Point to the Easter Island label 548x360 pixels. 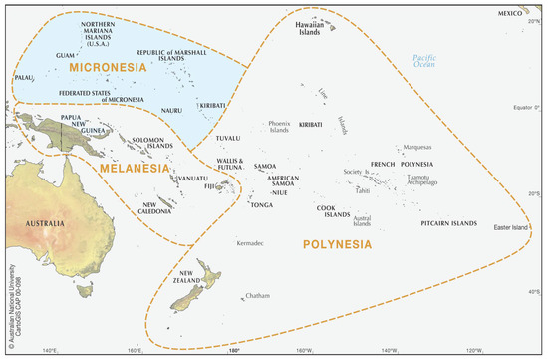[x=516, y=227]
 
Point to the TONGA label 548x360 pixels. [x=261, y=205]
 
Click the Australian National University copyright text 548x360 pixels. [x=7, y=300]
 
